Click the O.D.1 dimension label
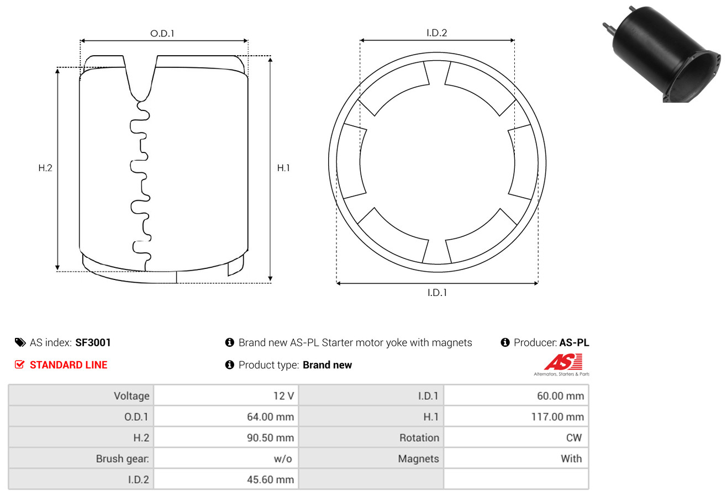162,34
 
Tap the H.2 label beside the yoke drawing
45,168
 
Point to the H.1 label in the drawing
283,168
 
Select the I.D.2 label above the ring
436,33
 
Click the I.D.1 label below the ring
437,293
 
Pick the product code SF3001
93,342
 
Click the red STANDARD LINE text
69,365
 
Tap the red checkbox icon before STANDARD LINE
19,364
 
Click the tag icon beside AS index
20,342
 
